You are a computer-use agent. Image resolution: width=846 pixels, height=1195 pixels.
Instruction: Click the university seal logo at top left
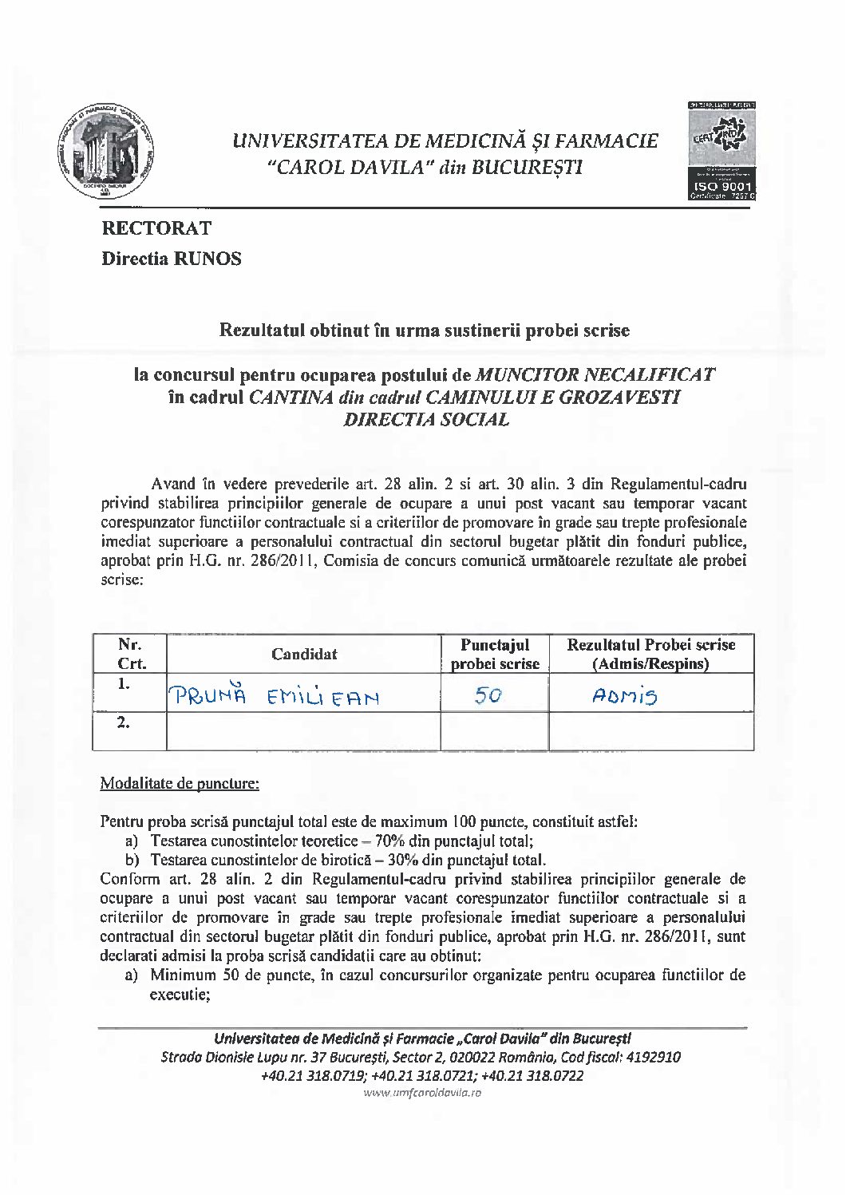click(107, 150)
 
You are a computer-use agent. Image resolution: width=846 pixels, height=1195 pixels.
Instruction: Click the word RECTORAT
click(156, 228)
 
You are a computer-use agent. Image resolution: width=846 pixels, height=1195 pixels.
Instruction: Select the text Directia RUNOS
click(171, 259)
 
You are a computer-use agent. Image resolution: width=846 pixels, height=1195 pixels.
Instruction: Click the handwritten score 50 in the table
click(487, 697)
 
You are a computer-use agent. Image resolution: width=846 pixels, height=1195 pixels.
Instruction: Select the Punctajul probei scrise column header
click(495, 654)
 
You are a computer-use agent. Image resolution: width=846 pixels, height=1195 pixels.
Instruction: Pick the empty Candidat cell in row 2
click(304, 731)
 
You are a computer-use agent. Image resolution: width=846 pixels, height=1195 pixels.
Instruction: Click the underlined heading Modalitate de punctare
click(179, 783)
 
